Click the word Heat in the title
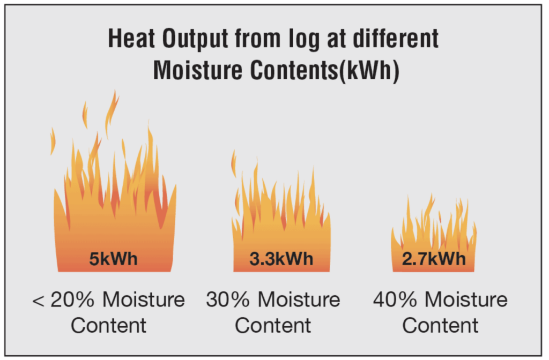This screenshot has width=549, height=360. pos(131,38)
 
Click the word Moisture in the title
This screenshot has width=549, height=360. pos(198,70)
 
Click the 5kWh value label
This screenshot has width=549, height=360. pos(114,259)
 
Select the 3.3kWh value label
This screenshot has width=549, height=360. pos(281,259)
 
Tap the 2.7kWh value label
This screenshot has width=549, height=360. pos(434,259)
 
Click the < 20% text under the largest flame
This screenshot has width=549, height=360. pos(63,299)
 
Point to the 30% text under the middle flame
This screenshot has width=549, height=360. pos(227,299)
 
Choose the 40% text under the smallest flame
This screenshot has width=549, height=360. pos(395,299)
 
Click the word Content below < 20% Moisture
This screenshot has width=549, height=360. pos(108,326)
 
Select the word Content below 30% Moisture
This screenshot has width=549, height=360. pos(273,326)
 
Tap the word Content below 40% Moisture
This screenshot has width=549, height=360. pos(440,326)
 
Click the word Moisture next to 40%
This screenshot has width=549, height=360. pos(466,299)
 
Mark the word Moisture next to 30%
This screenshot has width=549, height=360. pos(299,299)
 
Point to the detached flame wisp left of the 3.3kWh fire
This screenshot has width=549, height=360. pos(234,163)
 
